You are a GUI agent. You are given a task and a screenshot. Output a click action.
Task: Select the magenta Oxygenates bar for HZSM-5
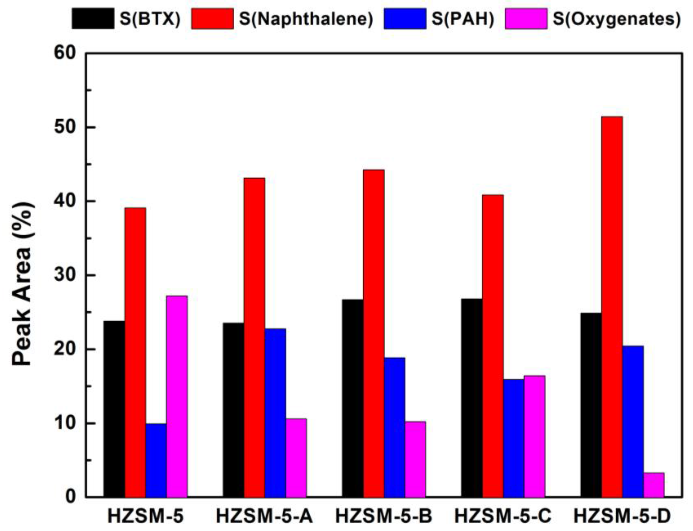click(177, 396)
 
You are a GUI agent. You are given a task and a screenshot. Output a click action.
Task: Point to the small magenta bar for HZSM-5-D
click(654, 485)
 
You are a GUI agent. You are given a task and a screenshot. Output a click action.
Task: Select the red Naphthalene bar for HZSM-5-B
click(373, 333)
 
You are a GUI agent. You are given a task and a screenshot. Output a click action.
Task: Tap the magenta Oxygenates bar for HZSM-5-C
click(534, 437)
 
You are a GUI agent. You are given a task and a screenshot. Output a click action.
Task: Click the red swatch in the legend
click(212, 19)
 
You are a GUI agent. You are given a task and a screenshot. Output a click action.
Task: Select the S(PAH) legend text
click(462, 19)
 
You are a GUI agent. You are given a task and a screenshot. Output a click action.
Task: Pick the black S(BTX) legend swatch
click(93, 19)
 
